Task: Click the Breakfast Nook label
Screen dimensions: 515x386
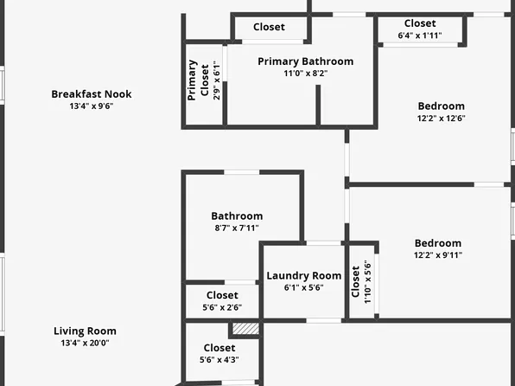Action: pos(92,94)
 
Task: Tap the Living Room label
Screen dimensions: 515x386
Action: pos(85,331)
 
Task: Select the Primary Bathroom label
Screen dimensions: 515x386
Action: pos(305,61)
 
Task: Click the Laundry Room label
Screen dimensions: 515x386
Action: pos(304,276)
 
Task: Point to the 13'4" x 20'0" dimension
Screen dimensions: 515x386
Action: pos(85,343)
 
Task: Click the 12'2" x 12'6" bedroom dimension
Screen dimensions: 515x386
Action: pos(441,118)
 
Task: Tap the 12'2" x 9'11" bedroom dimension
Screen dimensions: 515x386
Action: pos(438,255)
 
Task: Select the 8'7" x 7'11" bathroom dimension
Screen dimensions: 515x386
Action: pos(237,228)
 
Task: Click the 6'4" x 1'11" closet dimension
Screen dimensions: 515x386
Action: pos(420,35)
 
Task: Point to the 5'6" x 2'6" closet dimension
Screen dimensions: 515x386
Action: pos(222,307)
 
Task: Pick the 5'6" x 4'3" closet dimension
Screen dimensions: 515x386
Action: pos(219,360)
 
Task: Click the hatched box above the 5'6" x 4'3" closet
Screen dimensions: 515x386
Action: pos(245,329)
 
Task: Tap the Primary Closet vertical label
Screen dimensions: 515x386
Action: pos(198,80)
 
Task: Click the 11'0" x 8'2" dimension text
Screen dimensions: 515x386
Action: pos(305,73)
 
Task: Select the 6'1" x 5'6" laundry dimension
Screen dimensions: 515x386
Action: pos(304,287)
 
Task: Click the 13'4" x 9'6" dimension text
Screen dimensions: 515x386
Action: pos(92,106)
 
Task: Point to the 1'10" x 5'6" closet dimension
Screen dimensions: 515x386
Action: pos(368,282)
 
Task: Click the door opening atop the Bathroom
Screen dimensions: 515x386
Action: pos(242,172)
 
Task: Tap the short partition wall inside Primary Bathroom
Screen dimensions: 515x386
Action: pos(318,105)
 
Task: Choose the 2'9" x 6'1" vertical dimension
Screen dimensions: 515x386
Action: pos(216,80)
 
